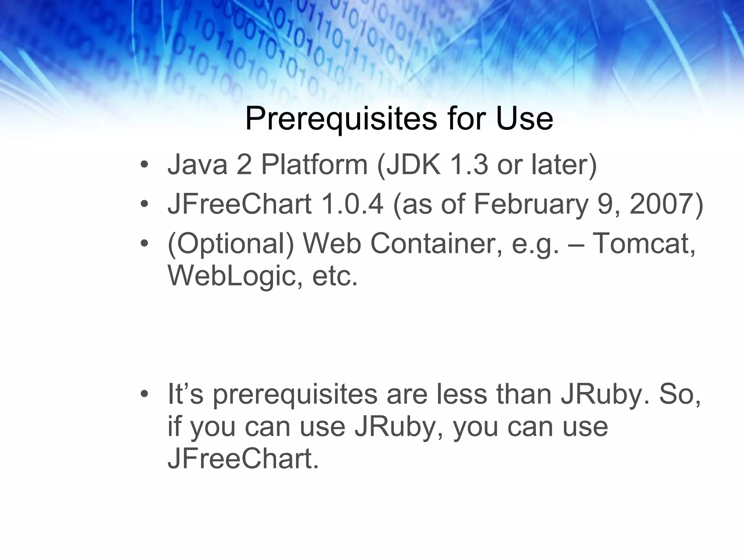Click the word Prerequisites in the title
click(x=341, y=118)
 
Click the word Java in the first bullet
click(x=197, y=165)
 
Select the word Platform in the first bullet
click(x=314, y=165)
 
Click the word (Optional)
click(x=230, y=244)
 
